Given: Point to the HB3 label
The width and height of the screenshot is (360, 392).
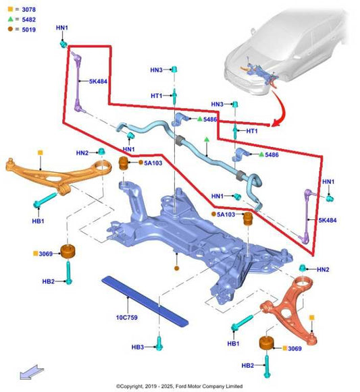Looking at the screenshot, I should click(138, 347).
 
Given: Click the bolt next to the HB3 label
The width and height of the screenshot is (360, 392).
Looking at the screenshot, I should click(159, 343).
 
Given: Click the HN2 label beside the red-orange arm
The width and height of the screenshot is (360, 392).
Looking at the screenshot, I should click(323, 269).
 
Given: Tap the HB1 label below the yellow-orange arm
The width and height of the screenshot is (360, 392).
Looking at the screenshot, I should click(38, 221).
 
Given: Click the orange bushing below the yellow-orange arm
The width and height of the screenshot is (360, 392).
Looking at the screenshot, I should click(68, 252).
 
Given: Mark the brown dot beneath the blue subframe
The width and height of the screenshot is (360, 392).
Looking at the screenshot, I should click(177, 269).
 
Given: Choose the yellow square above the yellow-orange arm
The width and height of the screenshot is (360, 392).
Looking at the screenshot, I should click(40, 154).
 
